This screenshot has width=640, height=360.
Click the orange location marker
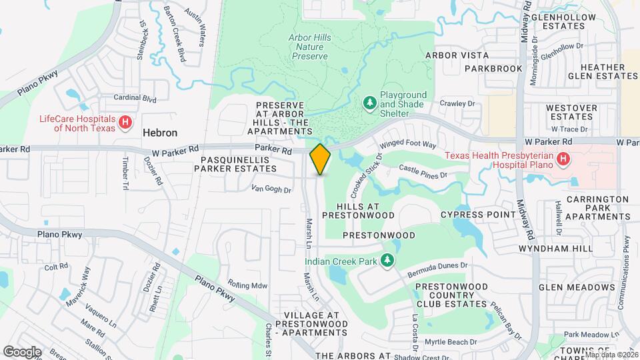[x=320, y=159]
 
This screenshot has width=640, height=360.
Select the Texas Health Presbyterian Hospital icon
[x=563, y=159]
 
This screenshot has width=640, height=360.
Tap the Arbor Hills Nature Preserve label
[x=309, y=47]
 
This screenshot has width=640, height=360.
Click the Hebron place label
[x=159, y=133]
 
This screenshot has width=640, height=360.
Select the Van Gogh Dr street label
[x=271, y=190]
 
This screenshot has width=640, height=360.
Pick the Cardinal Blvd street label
[x=135, y=98]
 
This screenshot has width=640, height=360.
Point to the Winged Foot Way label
[x=407, y=144]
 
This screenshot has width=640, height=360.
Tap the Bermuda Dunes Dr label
[x=437, y=265]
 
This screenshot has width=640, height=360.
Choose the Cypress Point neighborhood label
[x=478, y=215]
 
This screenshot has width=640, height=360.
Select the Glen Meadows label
[x=577, y=287]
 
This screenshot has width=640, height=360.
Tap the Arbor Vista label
[x=457, y=55]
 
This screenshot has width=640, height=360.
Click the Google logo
[x=22, y=351]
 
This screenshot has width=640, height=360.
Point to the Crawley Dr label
[x=457, y=103]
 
